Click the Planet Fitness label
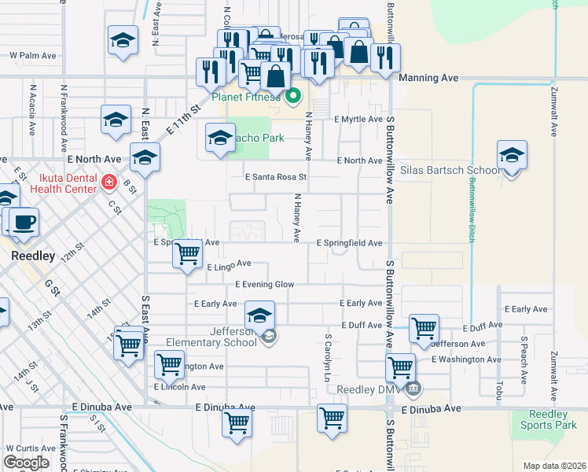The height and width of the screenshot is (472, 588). (245, 98)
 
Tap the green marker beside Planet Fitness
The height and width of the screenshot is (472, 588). (293, 97)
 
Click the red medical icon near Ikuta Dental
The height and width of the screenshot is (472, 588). (108, 183)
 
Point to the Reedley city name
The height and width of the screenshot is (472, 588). (31, 256)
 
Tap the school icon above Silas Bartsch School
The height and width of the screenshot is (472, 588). (512, 156)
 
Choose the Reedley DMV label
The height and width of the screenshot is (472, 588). (369, 389)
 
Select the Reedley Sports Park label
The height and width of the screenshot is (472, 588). (548, 419)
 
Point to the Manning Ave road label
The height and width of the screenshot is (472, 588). (428, 79)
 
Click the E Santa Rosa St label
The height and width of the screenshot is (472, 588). (274, 177)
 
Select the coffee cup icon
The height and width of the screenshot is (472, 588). (22, 223)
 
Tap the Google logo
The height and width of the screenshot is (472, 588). (26, 463)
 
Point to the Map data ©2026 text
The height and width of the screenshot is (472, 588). (554, 466)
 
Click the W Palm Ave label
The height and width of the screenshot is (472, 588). (33, 56)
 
